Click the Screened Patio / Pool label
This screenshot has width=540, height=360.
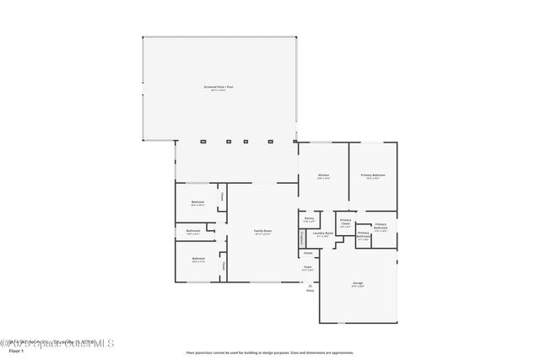tap(219, 87)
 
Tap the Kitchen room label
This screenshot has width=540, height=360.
tap(323, 175)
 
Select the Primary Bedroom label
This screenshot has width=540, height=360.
tap(373, 175)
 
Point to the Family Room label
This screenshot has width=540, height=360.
tap(263, 231)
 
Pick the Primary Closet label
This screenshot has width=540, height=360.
tap(345, 223)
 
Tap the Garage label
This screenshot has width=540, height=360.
tap(357, 284)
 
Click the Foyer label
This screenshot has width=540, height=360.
tap(308, 268)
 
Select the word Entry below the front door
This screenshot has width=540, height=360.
tap(310, 290)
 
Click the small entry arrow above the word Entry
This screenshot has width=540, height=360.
tap(310, 283)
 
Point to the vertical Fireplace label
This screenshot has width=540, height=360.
tap(301, 239)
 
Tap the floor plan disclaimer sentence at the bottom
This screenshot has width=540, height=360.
tap(269, 352)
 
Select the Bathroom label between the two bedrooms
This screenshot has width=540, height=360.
tap(193, 231)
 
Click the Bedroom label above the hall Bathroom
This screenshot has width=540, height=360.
tap(197, 202)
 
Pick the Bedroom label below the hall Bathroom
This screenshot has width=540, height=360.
tap(197, 259)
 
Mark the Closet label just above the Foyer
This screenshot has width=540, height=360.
tap(308, 253)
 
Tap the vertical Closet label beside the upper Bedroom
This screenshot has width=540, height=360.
tap(223, 197)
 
